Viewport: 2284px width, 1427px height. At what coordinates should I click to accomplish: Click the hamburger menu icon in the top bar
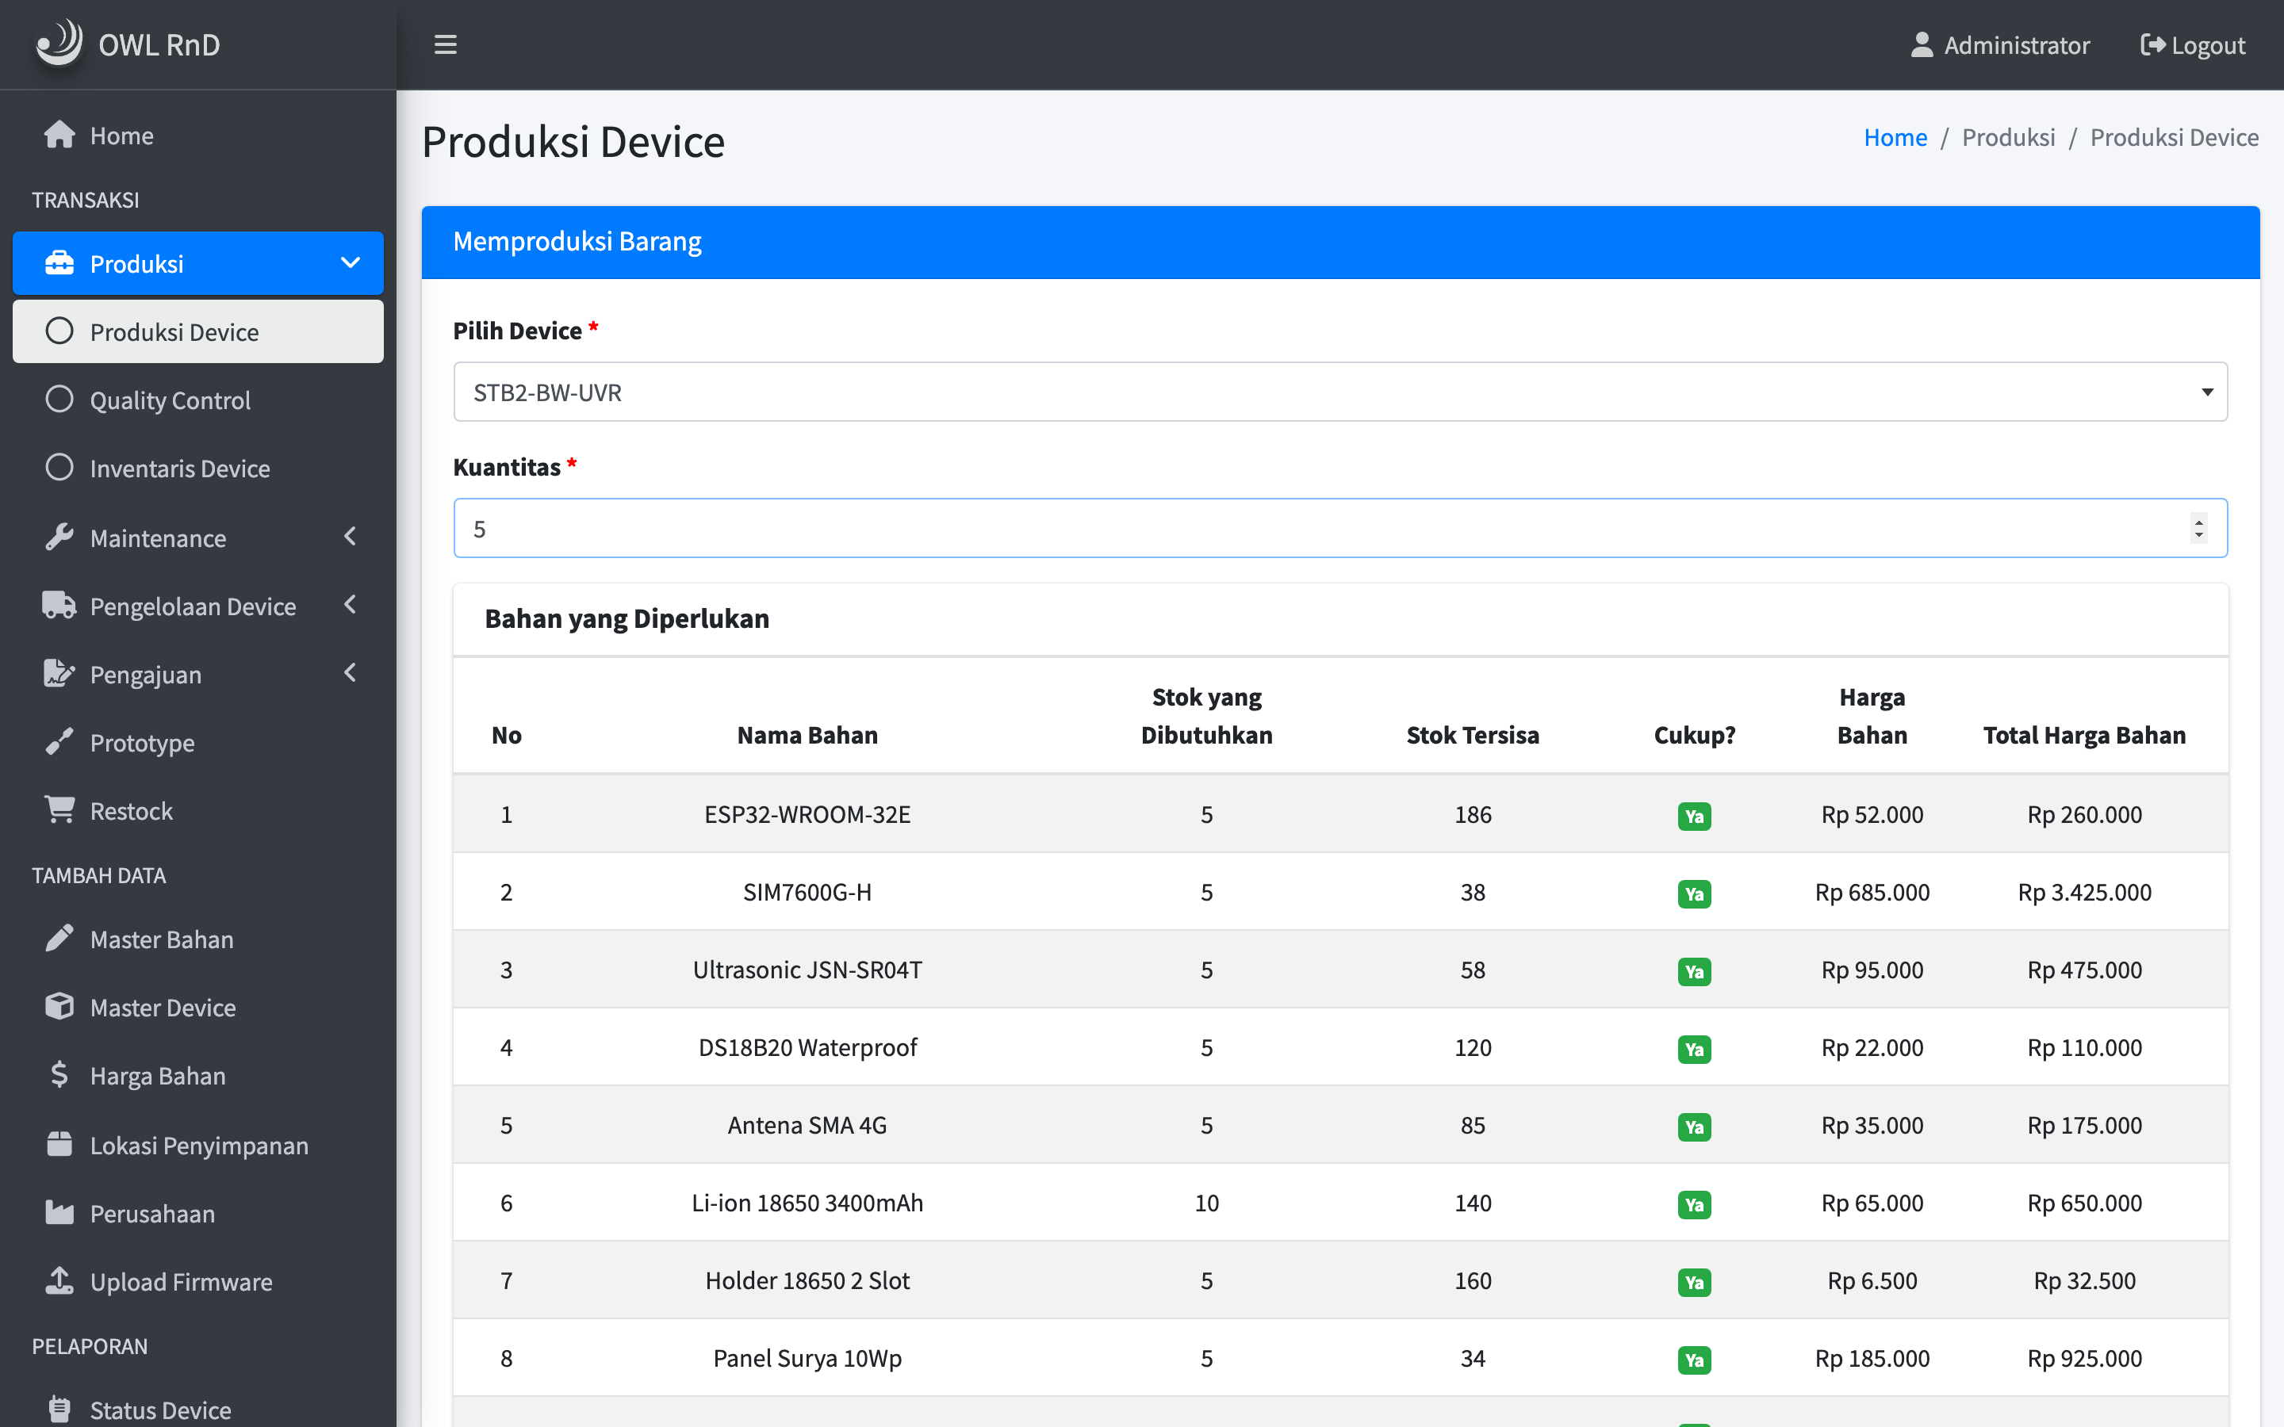[x=446, y=44]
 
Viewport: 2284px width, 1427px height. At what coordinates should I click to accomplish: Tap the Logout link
[x=2193, y=44]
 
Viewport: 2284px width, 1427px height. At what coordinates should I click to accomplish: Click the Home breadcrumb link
[x=1895, y=137]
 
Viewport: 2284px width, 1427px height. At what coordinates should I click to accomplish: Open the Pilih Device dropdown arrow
[x=2206, y=392]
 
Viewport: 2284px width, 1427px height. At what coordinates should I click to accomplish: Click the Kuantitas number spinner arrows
[x=2199, y=527]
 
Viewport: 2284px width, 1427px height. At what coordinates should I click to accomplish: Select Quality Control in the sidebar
[x=170, y=400]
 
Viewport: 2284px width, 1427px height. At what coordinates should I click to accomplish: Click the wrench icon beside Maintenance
[x=59, y=537]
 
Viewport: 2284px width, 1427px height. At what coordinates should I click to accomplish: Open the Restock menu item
[x=131, y=811]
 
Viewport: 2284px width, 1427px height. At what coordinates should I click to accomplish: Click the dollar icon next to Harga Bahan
[x=59, y=1074]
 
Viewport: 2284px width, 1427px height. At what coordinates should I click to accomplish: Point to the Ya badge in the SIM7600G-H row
[x=1694, y=893]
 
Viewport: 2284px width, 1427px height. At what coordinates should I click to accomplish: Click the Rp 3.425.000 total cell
[x=2084, y=892]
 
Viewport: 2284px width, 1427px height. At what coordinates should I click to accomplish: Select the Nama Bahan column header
[x=807, y=734]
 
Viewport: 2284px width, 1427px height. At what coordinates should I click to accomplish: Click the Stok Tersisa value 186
[x=1473, y=813]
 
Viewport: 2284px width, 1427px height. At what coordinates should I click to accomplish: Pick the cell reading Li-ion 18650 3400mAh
[x=807, y=1203]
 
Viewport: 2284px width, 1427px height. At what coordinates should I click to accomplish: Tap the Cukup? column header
[x=1694, y=734]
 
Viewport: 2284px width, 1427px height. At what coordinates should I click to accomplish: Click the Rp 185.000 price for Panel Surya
[x=1872, y=1358]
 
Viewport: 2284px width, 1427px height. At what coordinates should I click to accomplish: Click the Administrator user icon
[x=1922, y=44]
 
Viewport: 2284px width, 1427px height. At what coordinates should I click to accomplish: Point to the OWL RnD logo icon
[x=59, y=43]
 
